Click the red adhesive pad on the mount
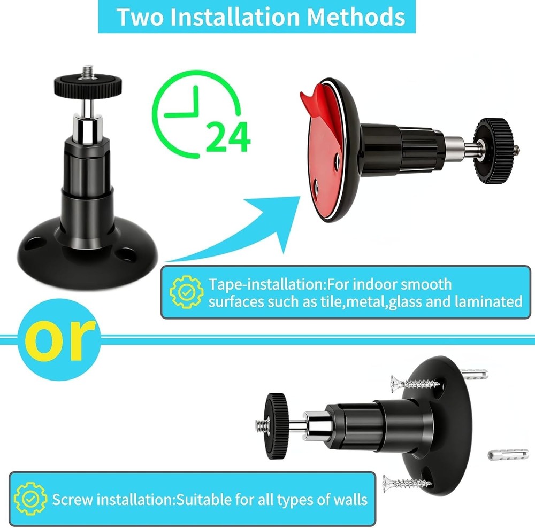[321, 160]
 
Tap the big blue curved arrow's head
[284, 214]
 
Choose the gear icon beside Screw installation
[29, 499]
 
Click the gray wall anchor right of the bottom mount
[507, 455]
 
